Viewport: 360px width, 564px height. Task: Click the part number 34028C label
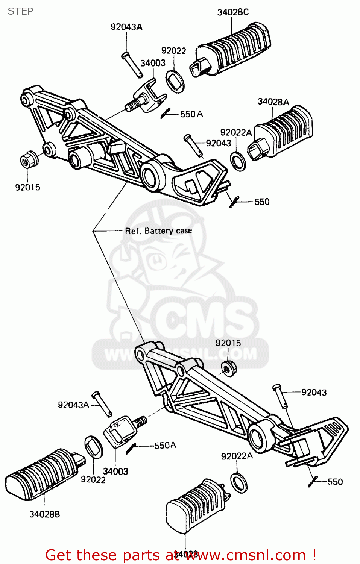pyautogui.click(x=233, y=12)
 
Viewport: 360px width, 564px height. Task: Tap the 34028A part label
pyautogui.click(x=273, y=102)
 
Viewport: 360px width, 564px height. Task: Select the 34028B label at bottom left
pyautogui.click(x=44, y=514)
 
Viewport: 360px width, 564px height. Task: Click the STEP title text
pyautogui.click(x=20, y=11)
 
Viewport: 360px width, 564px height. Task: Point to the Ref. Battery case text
pyautogui.click(x=158, y=231)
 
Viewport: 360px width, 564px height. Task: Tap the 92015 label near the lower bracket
pyautogui.click(x=228, y=343)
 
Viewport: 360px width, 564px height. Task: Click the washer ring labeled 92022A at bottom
pyautogui.click(x=238, y=483)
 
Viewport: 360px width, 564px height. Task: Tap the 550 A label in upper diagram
pyautogui.click(x=191, y=114)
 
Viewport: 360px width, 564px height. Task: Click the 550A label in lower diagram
pyautogui.click(x=165, y=445)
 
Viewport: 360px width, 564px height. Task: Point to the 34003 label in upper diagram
pyautogui.click(x=153, y=63)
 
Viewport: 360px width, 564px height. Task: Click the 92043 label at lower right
pyautogui.click(x=314, y=393)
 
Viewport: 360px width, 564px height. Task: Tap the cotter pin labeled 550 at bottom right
pyautogui.click(x=313, y=481)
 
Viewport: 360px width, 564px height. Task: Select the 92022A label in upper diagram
pyautogui.click(x=236, y=132)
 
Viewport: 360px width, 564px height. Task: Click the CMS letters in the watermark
pyautogui.click(x=205, y=320)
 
